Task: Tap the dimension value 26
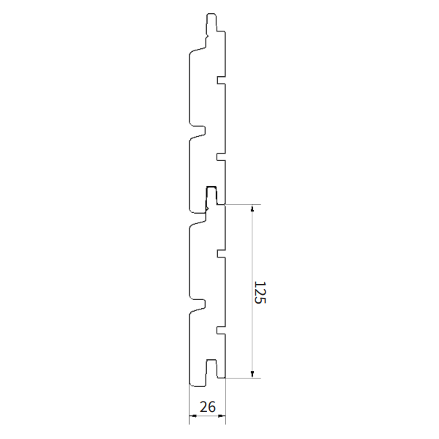pyautogui.click(x=208, y=408)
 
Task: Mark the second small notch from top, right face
pyautogui.click(x=220, y=156)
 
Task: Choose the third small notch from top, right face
pyautogui.click(x=220, y=255)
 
